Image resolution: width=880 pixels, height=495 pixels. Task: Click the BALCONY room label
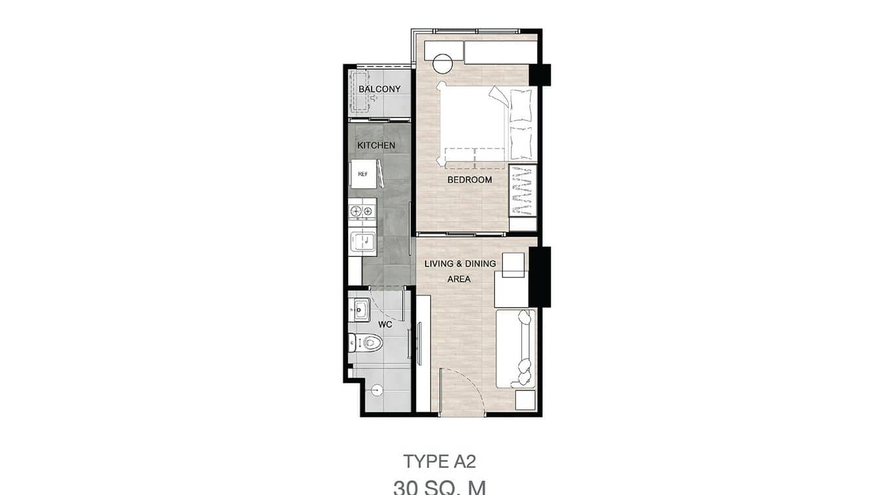tap(379, 89)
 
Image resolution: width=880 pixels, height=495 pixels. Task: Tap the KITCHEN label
tap(376, 145)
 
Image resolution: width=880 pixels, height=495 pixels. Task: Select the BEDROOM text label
tap(470, 180)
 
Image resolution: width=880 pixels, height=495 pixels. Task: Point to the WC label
tap(385, 324)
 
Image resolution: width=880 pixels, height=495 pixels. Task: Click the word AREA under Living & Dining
tap(459, 278)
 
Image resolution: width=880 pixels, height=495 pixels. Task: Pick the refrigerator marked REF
tap(363, 174)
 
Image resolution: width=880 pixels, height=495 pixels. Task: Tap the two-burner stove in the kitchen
tap(362, 211)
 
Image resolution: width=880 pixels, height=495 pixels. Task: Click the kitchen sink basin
tap(362, 242)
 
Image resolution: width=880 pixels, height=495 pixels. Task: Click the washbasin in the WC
tap(359, 309)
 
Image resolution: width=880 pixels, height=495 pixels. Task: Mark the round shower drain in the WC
tap(376, 390)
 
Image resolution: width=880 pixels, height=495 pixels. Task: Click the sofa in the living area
tap(515, 348)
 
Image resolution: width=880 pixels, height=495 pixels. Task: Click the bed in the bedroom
tap(485, 123)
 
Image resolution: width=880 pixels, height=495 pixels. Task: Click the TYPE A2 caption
tap(439, 462)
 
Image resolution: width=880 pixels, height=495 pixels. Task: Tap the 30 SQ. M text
tap(439, 488)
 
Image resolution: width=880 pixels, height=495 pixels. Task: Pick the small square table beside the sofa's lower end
tap(525, 400)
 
